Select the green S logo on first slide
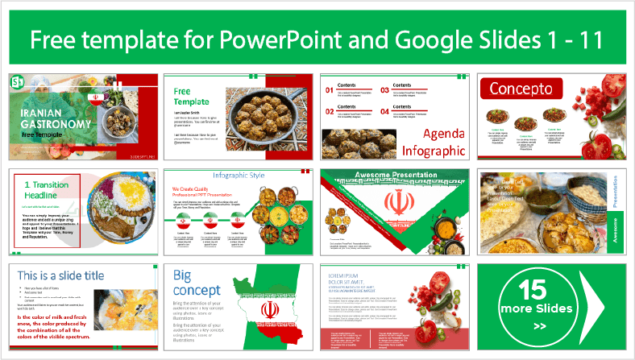pyautogui.click(x=17, y=82)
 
